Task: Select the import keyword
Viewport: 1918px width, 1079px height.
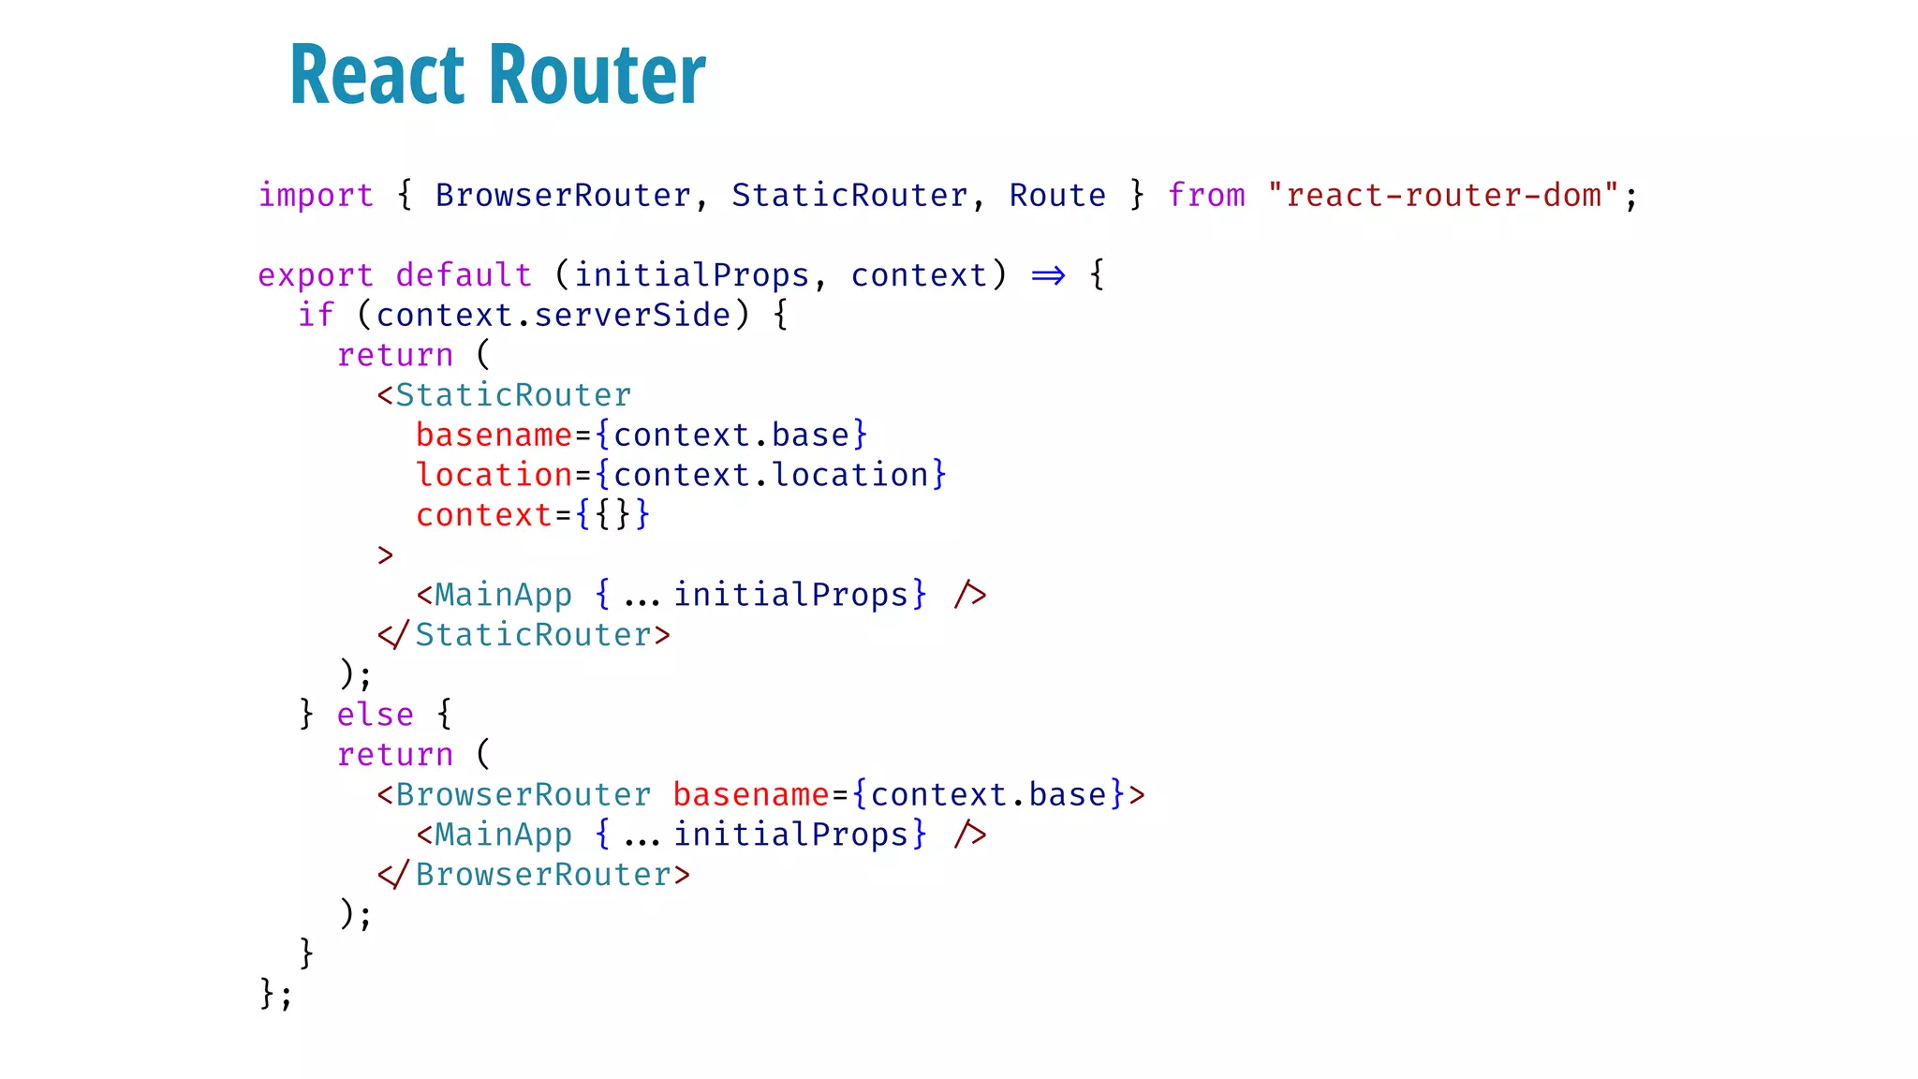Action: [316, 195]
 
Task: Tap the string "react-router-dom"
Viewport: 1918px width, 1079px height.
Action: [1442, 195]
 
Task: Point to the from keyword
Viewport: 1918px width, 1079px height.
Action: [1206, 195]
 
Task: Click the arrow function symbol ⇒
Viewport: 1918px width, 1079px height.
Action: [1048, 275]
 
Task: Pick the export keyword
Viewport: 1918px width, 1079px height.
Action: [316, 275]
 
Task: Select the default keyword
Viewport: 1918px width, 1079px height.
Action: [464, 275]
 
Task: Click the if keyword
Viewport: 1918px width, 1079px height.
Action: [316, 316]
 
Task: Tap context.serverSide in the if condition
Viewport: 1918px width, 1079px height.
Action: [553, 316]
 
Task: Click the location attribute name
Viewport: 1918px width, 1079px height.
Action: [494, 475]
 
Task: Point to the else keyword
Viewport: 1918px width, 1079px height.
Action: [375, 715]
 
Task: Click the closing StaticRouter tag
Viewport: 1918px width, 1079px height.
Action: [524, 635]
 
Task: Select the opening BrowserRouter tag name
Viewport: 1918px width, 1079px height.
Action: [523, 794]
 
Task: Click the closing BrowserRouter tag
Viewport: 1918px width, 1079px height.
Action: [534, 875]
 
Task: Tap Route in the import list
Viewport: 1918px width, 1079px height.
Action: [1057, 195]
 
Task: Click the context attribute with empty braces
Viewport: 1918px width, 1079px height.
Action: [484, 515]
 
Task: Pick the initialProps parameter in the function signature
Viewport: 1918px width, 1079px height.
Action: [691, 275]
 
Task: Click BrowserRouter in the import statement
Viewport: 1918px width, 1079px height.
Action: [563, 195]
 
